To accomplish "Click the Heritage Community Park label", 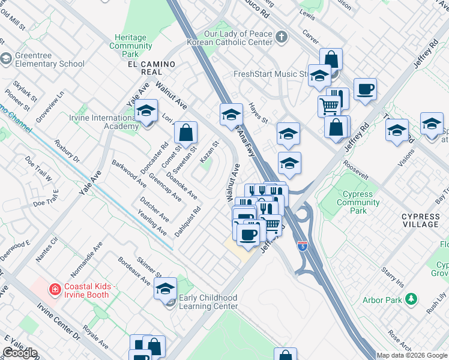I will point(130,46).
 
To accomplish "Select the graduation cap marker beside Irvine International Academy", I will point(146,112).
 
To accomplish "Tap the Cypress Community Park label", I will point(358,202).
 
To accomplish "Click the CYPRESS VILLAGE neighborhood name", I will point(420,220).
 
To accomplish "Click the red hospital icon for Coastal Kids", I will point(55,290).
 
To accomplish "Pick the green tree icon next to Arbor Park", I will point(411,299).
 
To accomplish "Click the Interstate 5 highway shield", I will point(304,245).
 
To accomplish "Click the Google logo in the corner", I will point(20,353).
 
